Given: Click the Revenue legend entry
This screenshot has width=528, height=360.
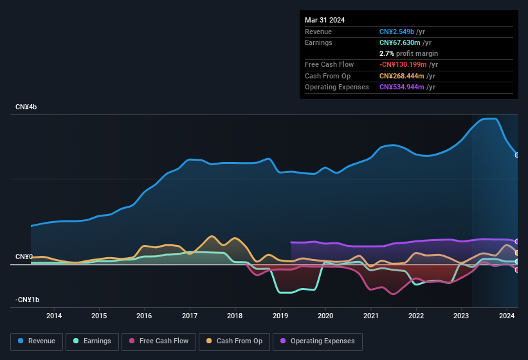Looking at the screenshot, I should (36, 341).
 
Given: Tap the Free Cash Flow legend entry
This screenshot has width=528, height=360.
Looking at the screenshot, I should (158, 341).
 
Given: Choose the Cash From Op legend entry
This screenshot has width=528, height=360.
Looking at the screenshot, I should (235, 341).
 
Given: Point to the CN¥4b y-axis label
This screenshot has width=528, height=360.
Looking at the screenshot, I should (26, 107).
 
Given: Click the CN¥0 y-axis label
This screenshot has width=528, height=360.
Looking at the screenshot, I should (24, 257).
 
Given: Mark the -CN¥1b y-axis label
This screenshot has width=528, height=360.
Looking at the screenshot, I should (28, 300).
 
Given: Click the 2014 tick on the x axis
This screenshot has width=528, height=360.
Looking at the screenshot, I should (54, 316).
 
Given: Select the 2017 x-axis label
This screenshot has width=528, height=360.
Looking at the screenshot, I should (190, 316).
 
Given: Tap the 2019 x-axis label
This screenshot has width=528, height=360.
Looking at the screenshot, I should (280, 316).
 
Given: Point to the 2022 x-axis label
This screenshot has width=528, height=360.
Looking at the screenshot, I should (416, 316).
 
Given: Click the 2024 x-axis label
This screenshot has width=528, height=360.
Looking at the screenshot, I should (507, 316).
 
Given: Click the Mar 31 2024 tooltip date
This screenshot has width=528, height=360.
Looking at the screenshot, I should (325, 20).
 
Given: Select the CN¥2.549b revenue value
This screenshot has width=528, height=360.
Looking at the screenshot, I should (396, 32).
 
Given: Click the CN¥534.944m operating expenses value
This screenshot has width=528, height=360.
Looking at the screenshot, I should (401, 87).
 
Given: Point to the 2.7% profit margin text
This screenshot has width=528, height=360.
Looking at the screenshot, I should (408, 53).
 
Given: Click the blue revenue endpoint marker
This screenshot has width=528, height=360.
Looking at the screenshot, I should (517, 155).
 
